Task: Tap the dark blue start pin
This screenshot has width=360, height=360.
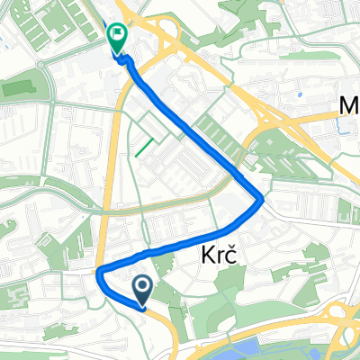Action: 143,288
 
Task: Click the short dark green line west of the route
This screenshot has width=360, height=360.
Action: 142,146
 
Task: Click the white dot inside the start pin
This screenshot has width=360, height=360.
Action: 143,285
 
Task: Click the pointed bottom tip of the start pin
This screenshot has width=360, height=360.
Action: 143,303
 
